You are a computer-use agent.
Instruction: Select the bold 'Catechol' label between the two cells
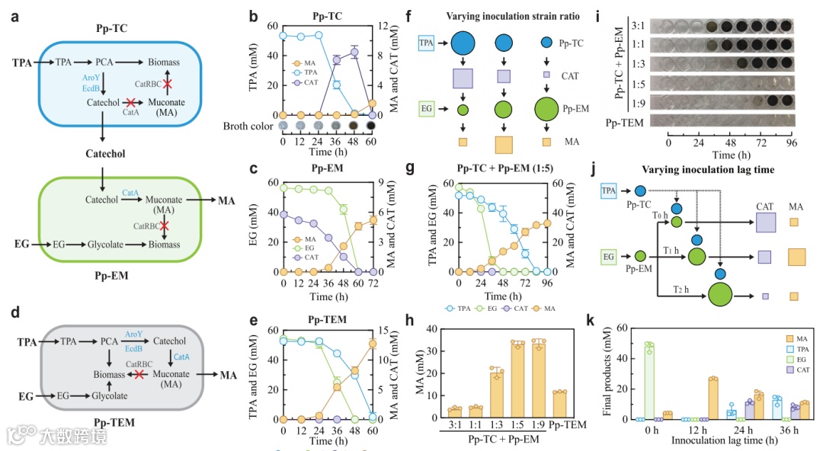coord(104,154)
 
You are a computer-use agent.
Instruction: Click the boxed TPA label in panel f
coord(429,44)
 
